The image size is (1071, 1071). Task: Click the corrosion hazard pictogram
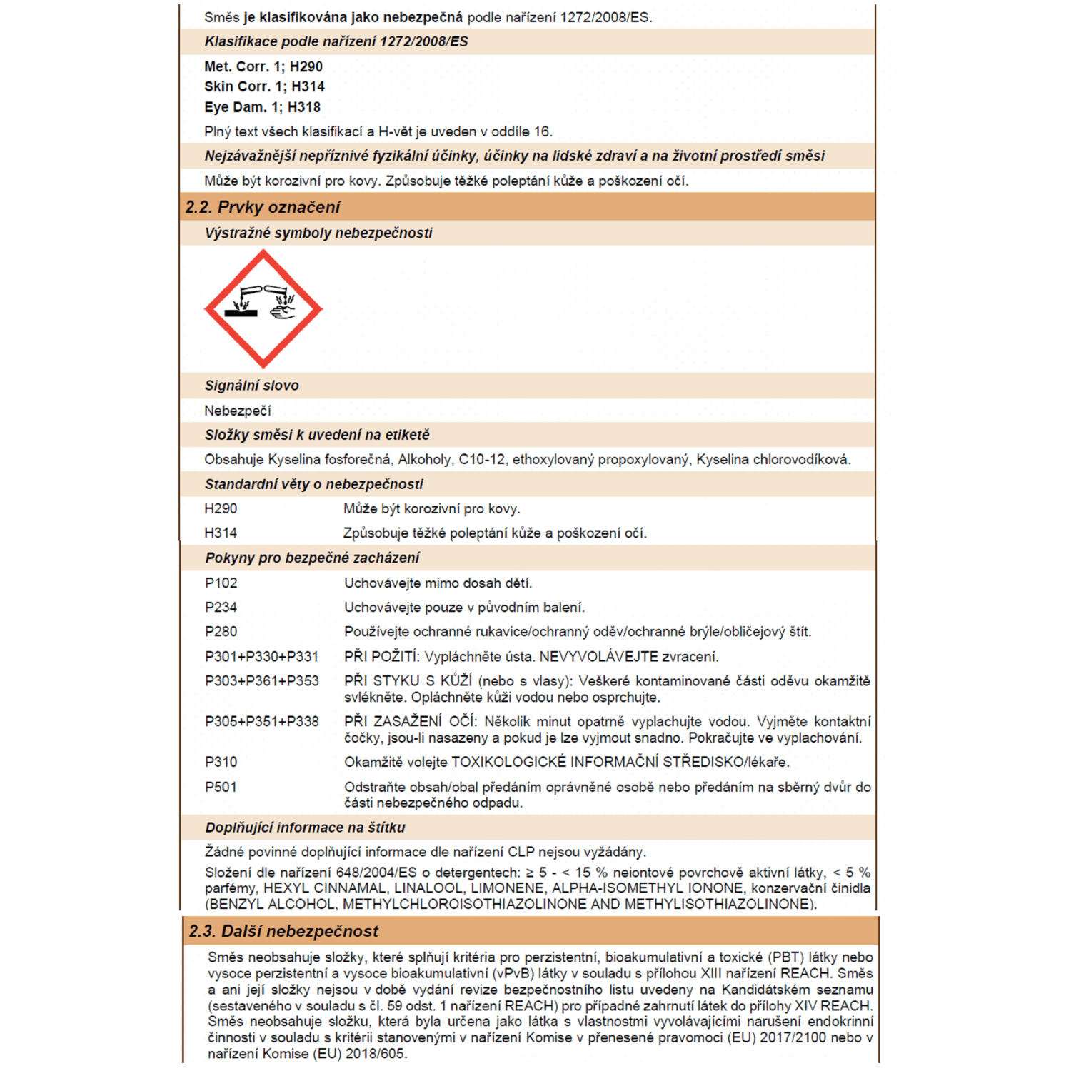(x=263, y=308)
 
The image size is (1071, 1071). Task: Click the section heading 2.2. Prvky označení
(x=262, y=207)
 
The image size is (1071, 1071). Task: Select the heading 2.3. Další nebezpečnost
(x=283, y=931)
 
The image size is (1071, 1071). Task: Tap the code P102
(x=221, y=583)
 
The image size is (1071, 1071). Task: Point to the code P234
(x=221, y=608)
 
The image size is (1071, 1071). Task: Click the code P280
(x=221, y=632)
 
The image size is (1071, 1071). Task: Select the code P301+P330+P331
(x=261, y=657)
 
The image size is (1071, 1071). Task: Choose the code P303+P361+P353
(x=261, y=681)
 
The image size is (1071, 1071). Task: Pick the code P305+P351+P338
(x=261, y=722)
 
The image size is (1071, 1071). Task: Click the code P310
(x=221, y=763)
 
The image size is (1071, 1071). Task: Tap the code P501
(x=221, y=787)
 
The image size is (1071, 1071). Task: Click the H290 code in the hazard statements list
(x=221, y=509)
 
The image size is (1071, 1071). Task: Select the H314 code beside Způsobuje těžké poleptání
(x=221, y=533)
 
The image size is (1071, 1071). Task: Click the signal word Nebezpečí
(x=237, y=411)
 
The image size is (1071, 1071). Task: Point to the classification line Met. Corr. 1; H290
(x=263, y=66)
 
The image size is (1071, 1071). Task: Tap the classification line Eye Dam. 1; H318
(x=262, y=107)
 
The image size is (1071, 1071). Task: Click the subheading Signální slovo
(x=251, y=386)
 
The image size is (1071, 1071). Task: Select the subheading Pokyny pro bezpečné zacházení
(x=312, y=558)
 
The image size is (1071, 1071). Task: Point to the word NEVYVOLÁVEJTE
(x=598, y=657)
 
